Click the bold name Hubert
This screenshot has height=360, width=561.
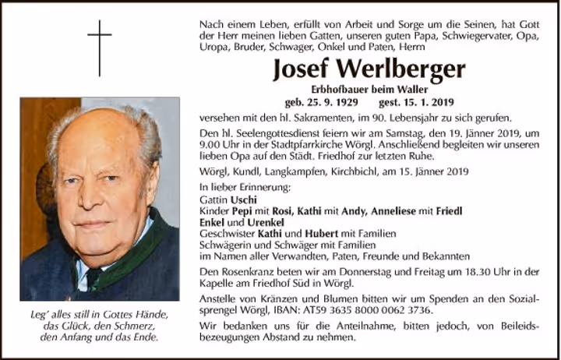[x=318, y=233]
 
